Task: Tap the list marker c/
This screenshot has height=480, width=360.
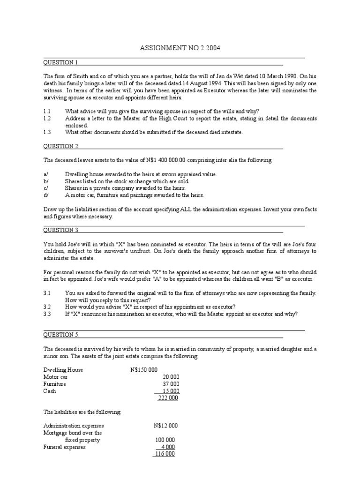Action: coord(46,188)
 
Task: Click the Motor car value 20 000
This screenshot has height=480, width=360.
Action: coord(171,377)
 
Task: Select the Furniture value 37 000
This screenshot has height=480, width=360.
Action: coord(171,384)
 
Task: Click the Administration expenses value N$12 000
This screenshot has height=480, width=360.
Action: coord(165,426)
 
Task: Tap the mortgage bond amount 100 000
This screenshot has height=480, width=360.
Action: coord(165,440)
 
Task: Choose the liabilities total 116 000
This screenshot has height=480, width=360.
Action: coord(165,454)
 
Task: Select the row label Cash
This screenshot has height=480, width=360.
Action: coord(50,391)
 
